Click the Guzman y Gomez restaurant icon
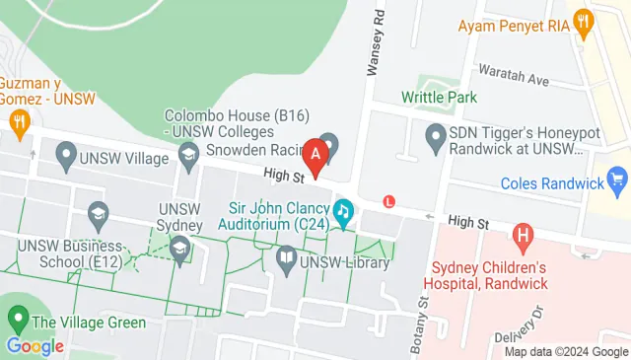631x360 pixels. (x=18, y=121)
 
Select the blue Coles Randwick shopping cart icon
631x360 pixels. (x=618, y=180)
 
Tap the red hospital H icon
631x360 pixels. (x=523, y=236)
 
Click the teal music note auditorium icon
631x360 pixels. (x=343, y=211)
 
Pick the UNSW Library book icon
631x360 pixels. (x=286, y=260)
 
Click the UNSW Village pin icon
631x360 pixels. (x=66, y=153)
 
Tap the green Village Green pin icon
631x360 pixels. (x=17, y=319)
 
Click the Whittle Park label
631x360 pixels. (x=439, y=97)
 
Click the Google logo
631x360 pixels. (x=35, y=346)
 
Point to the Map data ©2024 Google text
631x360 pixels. (x=566, y=351)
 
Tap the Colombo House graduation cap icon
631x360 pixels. (x=187, y=154)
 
